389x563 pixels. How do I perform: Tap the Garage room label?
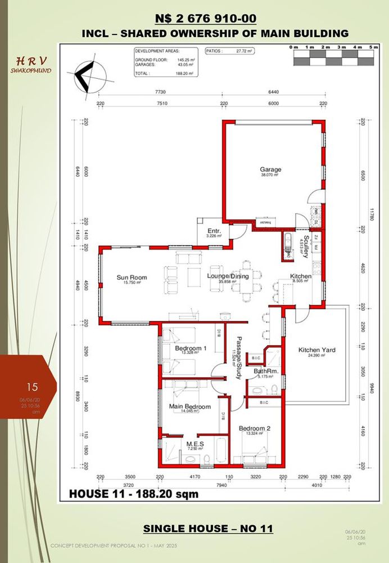270,169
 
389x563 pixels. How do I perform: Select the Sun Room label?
132,277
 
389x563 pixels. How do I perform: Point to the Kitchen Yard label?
316,350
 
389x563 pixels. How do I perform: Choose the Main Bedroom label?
190,406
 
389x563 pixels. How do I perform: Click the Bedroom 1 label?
191,348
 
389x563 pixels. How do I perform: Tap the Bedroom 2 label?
255,428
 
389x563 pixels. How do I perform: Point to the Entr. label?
214,231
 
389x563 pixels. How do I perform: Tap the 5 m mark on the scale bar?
374,48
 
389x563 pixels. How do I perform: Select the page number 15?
32,387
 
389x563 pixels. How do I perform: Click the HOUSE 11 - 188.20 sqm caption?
134,494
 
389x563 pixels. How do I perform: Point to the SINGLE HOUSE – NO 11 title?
208,528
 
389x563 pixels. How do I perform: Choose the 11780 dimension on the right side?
371,214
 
